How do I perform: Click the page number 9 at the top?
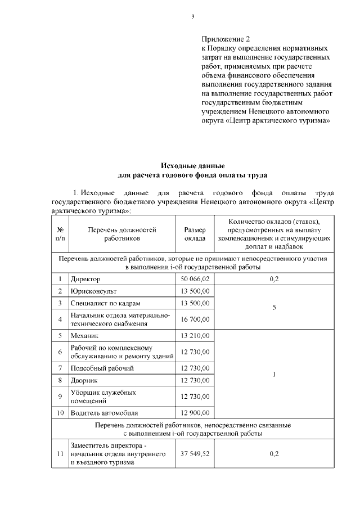192,16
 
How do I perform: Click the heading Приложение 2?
225,39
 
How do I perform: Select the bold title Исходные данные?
192,166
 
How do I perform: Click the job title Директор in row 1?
85,278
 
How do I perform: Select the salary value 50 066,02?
195,278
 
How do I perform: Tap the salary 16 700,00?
195,319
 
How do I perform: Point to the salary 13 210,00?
195,336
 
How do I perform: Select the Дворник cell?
83,381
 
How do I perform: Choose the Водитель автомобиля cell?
104,412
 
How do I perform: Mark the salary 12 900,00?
195,412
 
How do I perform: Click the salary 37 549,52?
195,454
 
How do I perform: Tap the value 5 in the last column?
274,307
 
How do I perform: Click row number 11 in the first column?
60,454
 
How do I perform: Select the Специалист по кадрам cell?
105,303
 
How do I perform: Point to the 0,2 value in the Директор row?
274,278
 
